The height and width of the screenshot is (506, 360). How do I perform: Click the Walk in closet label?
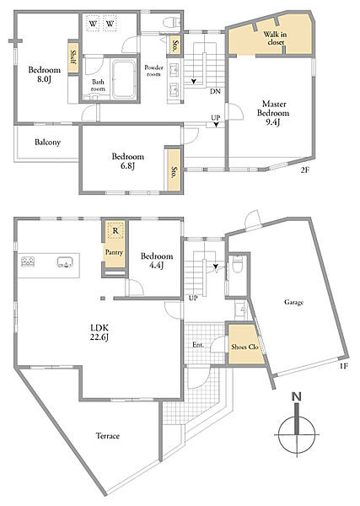coord(275,38)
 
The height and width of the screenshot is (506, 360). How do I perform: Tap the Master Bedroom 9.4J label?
coord(273,113)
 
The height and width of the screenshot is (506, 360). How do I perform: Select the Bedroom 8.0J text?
coord(44,74)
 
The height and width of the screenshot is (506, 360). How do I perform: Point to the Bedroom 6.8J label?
coord(128,161)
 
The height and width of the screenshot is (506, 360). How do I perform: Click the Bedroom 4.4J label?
coord(157,261)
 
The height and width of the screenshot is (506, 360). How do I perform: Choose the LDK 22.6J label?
coord(99,333)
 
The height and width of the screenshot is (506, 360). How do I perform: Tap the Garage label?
coord(294,303)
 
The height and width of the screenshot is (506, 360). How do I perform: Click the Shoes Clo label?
coord(244,347)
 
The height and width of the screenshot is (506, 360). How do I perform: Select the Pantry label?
coord(114,252)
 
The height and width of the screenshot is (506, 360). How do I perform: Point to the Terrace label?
coord(108,436)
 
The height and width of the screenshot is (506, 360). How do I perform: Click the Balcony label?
coord(47,143)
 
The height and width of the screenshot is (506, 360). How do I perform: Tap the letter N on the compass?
coord(296,396)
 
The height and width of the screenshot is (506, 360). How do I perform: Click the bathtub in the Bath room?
coord(123,80)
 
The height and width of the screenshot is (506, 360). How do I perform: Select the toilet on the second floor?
coord(172,23)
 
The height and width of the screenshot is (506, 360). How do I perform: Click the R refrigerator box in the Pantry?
coord(116,230)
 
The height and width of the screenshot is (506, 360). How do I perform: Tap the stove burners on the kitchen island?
coord(28,261)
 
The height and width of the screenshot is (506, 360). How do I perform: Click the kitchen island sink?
coord(66,262)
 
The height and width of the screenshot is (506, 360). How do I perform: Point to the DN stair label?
coord(215,92)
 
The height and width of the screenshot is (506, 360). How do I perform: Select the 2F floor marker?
coord(305,170)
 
